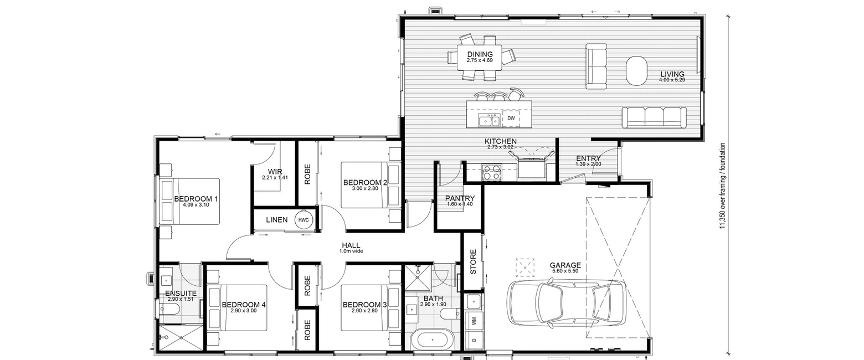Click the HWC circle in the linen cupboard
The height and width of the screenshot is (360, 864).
(304, 220)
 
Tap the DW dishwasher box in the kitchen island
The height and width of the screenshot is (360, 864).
(511, 119)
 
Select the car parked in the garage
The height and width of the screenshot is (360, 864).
(566, 305)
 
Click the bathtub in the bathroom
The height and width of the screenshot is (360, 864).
(433, 341)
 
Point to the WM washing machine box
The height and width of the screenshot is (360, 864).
(474, 320)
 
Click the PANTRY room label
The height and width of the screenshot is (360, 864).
(460, 198)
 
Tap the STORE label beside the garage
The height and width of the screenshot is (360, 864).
(474, 262)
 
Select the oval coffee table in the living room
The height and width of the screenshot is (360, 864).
(636, 70)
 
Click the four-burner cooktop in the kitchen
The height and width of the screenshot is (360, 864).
(491, 172)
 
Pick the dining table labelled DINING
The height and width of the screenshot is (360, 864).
(480, 58)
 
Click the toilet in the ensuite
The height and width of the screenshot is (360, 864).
(169, 308)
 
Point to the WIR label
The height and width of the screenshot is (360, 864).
(275, 172)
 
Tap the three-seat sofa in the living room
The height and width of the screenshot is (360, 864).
(654, 117)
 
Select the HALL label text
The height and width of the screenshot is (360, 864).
(351, 245)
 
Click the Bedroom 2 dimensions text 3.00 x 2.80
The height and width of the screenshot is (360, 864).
(365, 189)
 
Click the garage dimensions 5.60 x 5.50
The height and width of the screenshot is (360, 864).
(565, 271)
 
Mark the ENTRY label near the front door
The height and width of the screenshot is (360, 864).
(588, 158)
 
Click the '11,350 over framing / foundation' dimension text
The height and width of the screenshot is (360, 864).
(722, 186)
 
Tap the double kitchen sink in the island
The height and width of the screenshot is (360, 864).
(490, 120)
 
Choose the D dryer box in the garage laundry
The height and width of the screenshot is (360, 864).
(474, 340)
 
